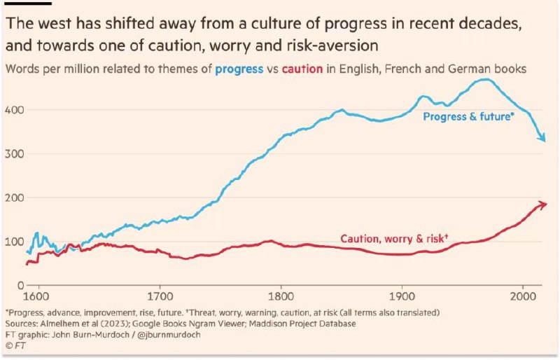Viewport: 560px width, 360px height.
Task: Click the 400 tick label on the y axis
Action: click(x=14, y=110)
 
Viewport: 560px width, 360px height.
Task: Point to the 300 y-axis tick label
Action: click(x=14, y=153)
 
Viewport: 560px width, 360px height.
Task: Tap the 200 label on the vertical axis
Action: click(x=14, y=198)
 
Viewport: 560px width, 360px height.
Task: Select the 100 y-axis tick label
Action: click(x=14, y=242)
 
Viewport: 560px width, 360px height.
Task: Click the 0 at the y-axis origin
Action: click(x=20, y=285)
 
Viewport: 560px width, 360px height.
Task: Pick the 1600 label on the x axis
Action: click(x=38, y=297)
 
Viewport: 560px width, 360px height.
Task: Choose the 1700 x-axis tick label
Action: click(x=160, y=297)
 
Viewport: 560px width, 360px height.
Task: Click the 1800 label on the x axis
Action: click(x=281, y=297)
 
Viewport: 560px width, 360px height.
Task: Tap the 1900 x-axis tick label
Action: click(x=402, y=297)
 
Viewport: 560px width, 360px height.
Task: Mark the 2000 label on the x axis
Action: click(x=523, y=297)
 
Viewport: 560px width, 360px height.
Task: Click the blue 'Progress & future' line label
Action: click(x=468, y=116)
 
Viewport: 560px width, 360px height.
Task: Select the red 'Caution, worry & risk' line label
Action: click(x=394, y=238)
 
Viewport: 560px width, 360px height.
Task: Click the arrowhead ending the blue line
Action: click(x=543, y=138)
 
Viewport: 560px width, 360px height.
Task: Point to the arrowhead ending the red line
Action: click(x=542, y=204)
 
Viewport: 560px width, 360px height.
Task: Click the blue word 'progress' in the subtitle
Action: click(x=239, y=69)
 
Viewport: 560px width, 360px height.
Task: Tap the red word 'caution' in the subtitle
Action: click(x=302, y=69)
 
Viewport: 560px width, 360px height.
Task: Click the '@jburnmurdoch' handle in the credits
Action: click(x=169, y=335)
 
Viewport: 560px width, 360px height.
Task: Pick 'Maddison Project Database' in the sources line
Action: click(x=302, y=324)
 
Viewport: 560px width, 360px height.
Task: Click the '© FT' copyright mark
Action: click(x=15, y=346)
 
